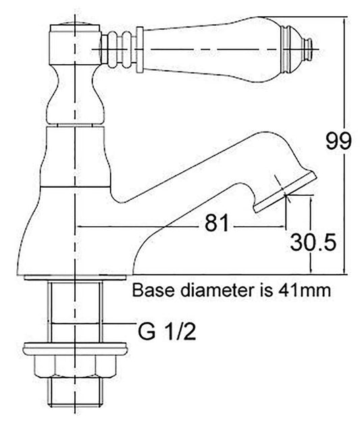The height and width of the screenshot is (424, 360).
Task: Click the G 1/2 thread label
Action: pos(167,332)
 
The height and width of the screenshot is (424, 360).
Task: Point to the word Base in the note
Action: pos(154,292)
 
